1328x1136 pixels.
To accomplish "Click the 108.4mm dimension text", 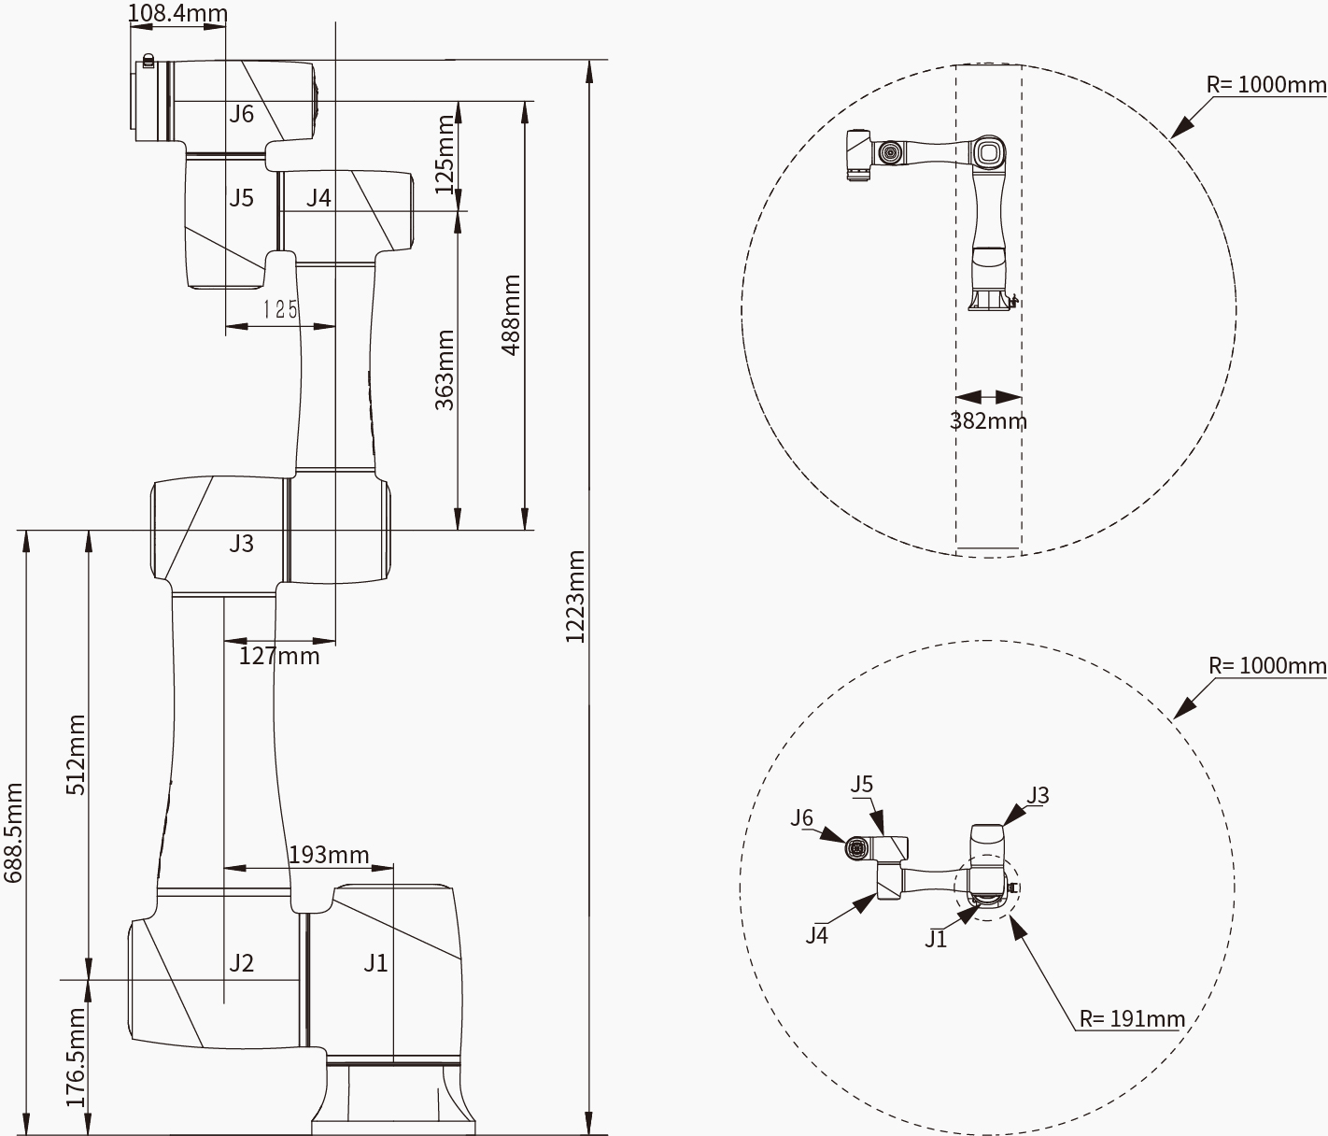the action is pos(178,13).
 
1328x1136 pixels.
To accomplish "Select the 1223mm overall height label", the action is pos(575,596).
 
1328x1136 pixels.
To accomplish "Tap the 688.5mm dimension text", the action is pos(13,832).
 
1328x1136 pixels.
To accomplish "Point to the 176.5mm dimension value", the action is pos(76,1058).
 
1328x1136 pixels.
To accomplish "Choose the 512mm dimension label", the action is pos(76,754).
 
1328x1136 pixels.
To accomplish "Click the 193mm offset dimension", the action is pos(329,855).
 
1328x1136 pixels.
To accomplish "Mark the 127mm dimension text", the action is pos(279,656).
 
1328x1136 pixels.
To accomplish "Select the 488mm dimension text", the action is pos(511,315).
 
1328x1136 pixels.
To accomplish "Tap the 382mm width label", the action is pos(988,420).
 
